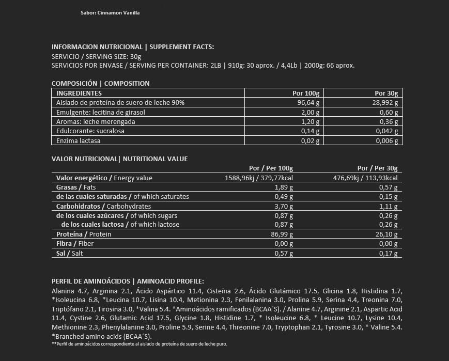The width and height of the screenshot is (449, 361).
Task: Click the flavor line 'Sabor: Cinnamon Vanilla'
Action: tap(110, 13)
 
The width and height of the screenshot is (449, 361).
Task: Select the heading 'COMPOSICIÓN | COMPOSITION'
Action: tap(101, 83)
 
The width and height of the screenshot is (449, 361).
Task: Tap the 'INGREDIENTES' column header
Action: tap(79, 93)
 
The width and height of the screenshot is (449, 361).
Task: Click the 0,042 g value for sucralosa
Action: tap(386, 131)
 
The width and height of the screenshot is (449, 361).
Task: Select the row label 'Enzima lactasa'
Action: tap(78, 141)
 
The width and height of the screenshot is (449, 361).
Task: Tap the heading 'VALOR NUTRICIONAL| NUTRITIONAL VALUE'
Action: tap(120, 159)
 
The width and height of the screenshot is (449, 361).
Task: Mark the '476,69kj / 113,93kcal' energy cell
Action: tap(365, 178)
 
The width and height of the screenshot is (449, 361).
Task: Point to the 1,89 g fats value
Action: tap(284, 187)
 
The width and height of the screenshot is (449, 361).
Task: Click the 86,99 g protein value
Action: tap(282, 234)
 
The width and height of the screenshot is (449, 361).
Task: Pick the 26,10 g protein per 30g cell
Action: tap(388, 234)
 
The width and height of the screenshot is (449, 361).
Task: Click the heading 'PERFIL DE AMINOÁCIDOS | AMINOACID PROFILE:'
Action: tap(128, 281)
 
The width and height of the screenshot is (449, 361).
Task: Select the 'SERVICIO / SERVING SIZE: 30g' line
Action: tap(97, 56)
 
